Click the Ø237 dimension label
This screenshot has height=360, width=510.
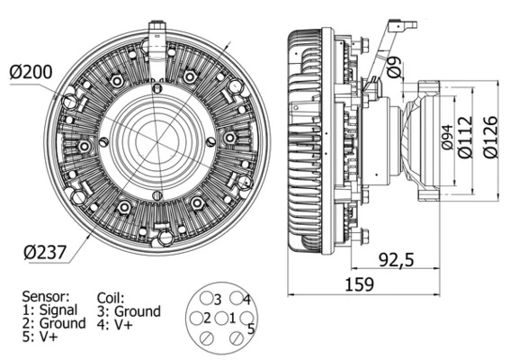click(38, 253)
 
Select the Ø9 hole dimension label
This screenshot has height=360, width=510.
click(392, 65)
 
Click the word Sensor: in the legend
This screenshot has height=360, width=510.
click(46, 295)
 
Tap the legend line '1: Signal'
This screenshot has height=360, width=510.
click(51, 309)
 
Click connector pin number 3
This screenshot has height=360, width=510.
click(216, 298)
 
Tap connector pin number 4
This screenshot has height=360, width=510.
click(246, 299)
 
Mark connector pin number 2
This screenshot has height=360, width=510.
click(207, 318)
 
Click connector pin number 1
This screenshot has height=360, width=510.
click(231, 318)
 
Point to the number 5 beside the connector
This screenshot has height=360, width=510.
click(251, 329)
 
